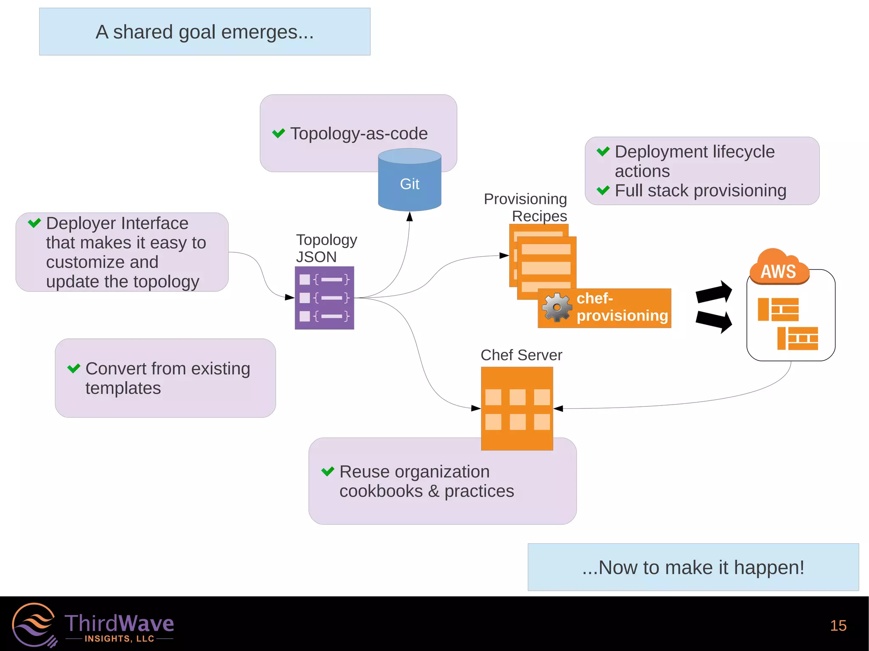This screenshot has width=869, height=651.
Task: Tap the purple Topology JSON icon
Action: [x=324, y=298]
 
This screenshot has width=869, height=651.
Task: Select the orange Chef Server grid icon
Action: [x=517, y=408]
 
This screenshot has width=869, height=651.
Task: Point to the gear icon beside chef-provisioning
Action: [x=557, y=307]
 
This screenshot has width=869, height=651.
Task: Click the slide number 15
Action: [x=838, y=626]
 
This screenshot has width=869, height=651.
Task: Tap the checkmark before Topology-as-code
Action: [x=278, y=133]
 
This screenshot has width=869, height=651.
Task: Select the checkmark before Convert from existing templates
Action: [x=74, y=368]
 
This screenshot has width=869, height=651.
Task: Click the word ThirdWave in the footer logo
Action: [x=119, y=623]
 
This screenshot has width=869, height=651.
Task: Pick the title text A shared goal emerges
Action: [x=205, y=32]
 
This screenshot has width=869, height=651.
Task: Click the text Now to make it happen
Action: [x=693, y=567]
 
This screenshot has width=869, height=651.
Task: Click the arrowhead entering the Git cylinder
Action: [x=409, y=217]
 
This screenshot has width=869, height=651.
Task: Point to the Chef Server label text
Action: [x=521, y=355]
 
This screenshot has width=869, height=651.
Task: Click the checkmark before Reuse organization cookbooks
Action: [x=328, y=471]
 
